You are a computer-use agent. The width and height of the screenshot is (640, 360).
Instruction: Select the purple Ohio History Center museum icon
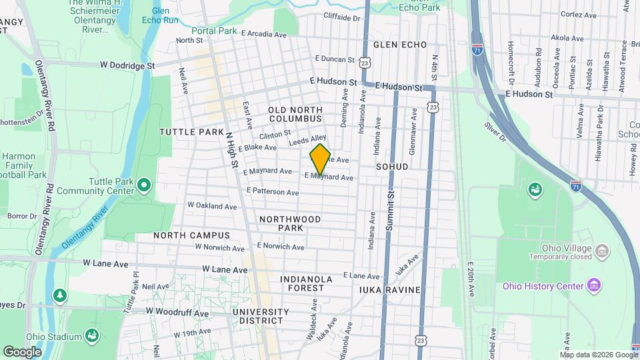(595, 286)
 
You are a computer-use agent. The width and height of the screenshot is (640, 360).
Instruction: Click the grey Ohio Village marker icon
(602, 251)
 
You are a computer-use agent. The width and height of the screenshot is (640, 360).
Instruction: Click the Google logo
(22, 352)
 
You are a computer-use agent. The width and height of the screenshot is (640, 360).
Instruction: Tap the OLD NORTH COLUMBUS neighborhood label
(295, 113)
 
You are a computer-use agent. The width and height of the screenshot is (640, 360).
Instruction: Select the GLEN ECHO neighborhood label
(399, 45)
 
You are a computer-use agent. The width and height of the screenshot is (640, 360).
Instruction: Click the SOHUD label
(391, 166)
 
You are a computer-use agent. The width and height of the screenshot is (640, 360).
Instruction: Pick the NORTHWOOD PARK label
(290, 223)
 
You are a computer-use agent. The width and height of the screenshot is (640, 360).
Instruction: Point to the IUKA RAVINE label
(389, 290)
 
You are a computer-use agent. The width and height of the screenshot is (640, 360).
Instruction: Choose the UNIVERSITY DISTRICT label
(261, 316)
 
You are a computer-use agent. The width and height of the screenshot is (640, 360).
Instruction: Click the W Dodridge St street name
(127, 66)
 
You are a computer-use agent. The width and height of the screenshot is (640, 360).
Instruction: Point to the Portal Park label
(214, 31)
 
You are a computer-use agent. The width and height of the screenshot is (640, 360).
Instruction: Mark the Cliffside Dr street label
(341, 17)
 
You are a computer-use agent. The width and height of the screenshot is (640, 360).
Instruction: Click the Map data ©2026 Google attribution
(599, 355)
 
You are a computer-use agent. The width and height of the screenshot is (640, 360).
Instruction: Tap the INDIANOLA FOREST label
(302, 283)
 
